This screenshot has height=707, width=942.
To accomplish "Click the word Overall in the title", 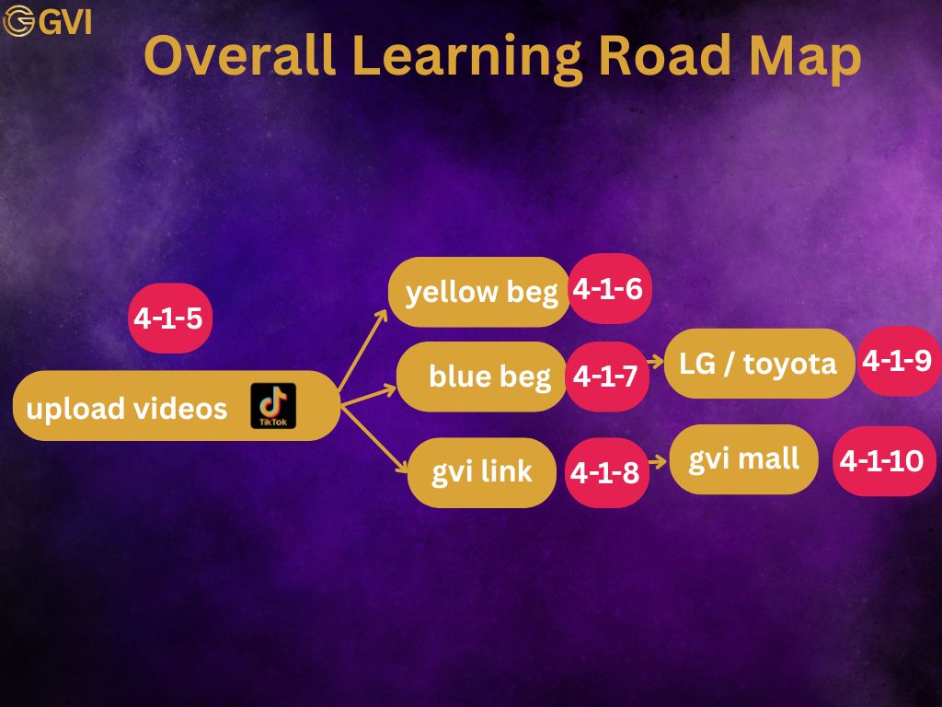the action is pos(240,55).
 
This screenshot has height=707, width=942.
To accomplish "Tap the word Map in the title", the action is pos(805,59).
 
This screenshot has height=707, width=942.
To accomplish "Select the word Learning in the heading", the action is pos(467,59).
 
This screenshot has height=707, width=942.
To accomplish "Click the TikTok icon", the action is pos(273,406).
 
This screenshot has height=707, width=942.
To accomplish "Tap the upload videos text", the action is pos(127,409).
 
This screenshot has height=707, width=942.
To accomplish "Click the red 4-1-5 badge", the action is pos(170,318).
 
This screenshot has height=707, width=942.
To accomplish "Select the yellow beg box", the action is pos(479,292).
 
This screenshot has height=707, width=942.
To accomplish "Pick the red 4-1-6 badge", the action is pos(609,288).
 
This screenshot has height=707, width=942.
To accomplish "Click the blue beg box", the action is pos(482,377).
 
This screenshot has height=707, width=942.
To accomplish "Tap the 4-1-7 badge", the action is pos(607,377).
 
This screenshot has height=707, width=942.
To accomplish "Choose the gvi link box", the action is pos(482,472).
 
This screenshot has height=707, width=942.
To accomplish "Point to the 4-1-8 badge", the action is pos(607,472).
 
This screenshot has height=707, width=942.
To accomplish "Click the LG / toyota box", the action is pos(759,363).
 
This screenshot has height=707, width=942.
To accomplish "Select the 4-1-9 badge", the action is pos(899,361).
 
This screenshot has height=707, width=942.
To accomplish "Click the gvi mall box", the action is pos(743,459).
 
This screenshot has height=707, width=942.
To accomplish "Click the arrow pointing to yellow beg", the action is pos(362,351).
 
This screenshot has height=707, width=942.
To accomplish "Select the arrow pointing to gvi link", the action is pos(374,440).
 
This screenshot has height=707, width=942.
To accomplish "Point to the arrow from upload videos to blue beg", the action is pos(368,397).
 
